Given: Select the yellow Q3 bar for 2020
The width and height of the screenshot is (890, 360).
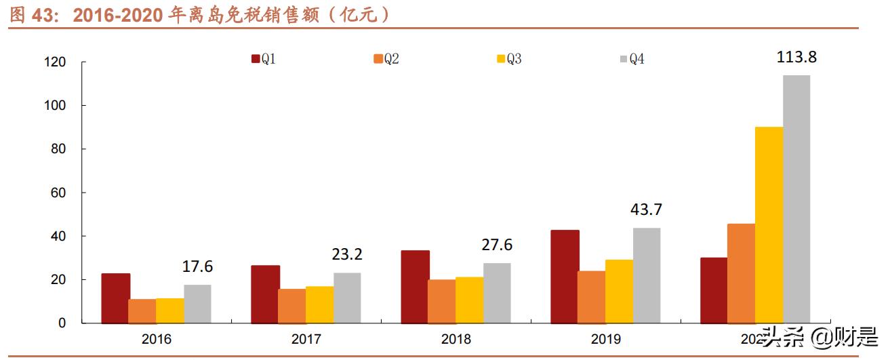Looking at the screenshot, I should (769, 224).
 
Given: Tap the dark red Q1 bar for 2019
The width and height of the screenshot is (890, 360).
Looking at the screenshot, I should (565, 277).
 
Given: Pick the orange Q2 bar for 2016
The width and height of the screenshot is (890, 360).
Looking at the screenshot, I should (142, 311).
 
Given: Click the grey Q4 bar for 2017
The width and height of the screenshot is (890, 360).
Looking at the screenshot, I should (347, 298).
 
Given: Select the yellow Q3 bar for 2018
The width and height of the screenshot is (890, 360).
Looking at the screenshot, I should (469, 300).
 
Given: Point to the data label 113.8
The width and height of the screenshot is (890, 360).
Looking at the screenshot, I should (796, 57).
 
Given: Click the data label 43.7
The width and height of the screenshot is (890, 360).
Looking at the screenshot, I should (646, 209).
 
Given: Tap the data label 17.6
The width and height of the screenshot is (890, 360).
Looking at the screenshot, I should (197, 266).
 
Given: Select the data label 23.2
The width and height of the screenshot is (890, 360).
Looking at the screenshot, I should (347, 255).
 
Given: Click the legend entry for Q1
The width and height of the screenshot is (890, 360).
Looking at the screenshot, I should (263, 59).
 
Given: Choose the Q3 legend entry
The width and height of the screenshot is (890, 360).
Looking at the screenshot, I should (509, 59).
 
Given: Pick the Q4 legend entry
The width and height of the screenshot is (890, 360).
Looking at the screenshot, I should (632, 59).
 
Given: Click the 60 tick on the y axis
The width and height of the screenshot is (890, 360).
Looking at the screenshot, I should (58, 193).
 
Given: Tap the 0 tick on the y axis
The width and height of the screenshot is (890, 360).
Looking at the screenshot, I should (62, 323).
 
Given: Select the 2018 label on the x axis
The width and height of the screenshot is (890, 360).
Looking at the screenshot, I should (456, 339).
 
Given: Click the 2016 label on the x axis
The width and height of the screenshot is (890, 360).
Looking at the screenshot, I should (156, 339).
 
